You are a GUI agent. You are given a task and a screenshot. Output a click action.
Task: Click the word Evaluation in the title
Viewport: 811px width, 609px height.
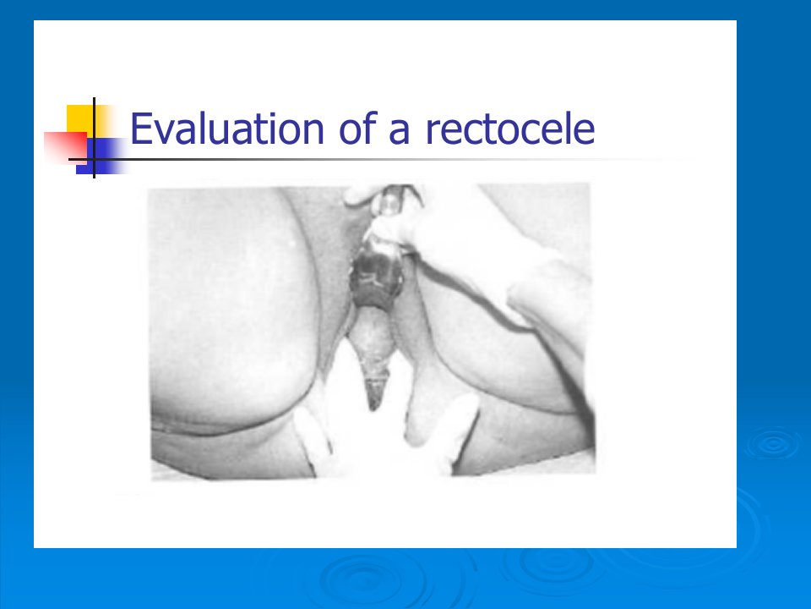227,128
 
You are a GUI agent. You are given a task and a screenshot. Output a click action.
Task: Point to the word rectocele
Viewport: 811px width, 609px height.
509,128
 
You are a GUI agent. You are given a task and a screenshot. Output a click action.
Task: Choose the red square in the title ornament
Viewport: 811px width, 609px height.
65,147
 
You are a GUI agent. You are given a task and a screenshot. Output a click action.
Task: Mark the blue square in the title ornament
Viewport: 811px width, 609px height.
101,156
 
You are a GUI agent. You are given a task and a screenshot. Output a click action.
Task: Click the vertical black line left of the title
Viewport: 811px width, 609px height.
94,138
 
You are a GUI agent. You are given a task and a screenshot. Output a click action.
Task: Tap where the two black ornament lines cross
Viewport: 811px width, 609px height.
94,160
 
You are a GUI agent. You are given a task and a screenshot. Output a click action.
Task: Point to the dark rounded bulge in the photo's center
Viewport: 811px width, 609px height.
376,277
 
